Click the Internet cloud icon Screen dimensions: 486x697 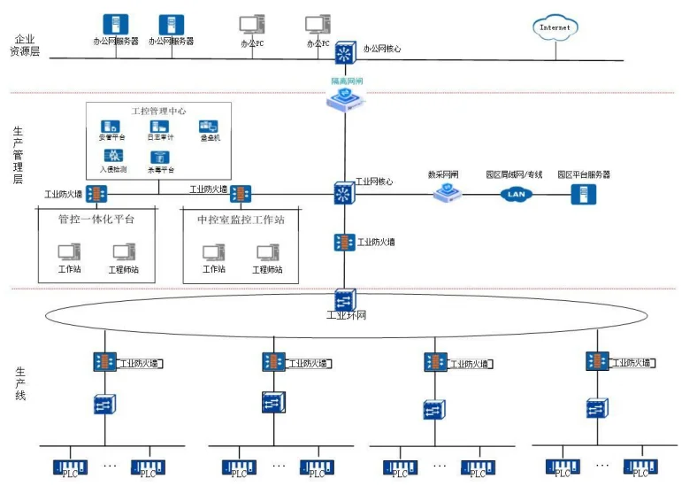coord(555,27)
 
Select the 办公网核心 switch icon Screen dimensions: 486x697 coord(345,52)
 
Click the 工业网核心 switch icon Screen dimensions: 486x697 coord(344,192)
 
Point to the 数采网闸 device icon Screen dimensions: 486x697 coord(448,193)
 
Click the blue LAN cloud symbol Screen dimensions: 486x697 coord(517,193)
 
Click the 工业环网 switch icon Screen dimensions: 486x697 coord(344,298)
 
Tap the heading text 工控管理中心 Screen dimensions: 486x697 coord(157,111)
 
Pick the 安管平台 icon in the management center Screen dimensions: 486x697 coord(111,127)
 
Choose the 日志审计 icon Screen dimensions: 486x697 coord(160,127)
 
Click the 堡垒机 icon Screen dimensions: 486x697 coord(209,127)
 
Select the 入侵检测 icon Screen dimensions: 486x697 coord(111,157)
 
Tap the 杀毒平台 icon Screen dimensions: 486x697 coord(160,158)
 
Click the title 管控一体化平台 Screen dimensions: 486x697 coord(96,219)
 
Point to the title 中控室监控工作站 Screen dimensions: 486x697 coord(240,219)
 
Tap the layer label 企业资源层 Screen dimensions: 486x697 coord(24,45)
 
